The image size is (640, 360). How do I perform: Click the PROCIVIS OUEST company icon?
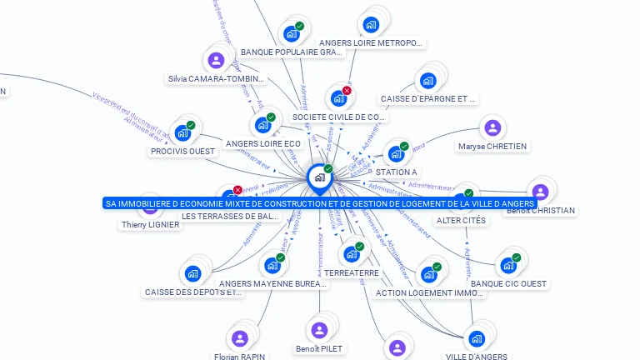[x=183, y=132]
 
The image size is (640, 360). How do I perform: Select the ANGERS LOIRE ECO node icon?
[x=263, y=125]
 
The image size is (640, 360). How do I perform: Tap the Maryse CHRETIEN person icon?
[x=492, y=127]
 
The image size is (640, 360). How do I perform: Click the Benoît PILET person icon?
[x=318, y=329]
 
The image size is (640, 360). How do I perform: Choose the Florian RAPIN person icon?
[x=240, y=337]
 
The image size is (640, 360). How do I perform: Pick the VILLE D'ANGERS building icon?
[x=476, y=338]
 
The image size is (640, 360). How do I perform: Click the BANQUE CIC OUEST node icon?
[x=508, y=265]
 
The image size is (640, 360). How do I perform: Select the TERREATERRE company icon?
[x=351, y=254]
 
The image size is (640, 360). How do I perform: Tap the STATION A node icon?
[x=396, y=153]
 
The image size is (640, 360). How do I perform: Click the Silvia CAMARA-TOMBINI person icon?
[x=216, y=60]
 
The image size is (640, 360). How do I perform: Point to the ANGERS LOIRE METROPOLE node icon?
[x=371, y=24]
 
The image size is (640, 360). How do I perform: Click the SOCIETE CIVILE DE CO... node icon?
[x=338, y=98]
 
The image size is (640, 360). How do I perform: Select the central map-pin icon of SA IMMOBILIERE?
[x=319, y=177]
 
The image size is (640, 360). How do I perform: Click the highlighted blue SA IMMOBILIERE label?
[x=320, y=203]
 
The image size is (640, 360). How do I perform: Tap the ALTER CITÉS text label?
[x=461, y=220]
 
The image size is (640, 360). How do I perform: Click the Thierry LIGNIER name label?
[x=150, y=224]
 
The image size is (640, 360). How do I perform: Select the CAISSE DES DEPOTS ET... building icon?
[x=193, y=273]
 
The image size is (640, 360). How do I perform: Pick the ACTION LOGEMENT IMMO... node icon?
[x=429, y=274]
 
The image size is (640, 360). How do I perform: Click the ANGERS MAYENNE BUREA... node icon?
[x=272, y=266]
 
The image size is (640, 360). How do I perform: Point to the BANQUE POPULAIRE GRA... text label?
[x=292, y=52]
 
